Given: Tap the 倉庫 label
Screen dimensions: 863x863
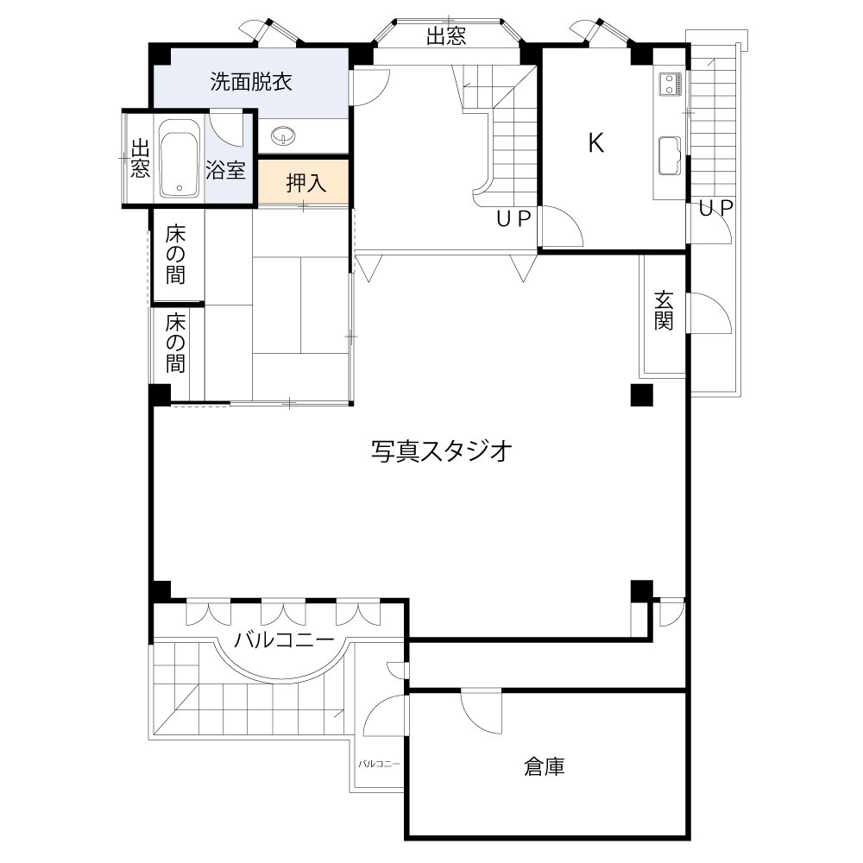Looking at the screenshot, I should pos(544,765).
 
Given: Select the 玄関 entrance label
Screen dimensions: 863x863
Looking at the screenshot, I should pos(664,311).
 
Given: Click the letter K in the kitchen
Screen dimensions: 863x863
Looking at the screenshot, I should pos(595,143).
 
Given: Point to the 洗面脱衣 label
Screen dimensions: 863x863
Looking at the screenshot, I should pos(251,82).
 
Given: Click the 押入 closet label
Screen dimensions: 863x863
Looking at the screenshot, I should pos(306,183).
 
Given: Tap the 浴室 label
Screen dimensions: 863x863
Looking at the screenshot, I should pos(226,170).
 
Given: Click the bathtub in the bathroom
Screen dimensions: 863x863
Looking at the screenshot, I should pos(180,161).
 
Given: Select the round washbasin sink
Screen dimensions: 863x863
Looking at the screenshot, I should pos(282,135).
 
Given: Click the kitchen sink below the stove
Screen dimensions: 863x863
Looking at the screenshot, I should pos(670,155).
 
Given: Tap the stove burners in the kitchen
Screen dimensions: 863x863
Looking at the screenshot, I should pos(671,84).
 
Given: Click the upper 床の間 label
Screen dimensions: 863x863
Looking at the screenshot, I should pos(176,255).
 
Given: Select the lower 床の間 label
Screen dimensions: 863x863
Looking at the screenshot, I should pos(176,343).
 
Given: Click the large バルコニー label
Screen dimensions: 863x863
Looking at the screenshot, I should pos(284,641).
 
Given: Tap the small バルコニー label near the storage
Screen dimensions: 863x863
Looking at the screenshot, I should pos(380,764).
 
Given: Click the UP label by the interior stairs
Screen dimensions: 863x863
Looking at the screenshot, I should pos(513,219).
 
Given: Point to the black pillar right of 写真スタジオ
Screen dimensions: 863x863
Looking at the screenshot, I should pos(640,396).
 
